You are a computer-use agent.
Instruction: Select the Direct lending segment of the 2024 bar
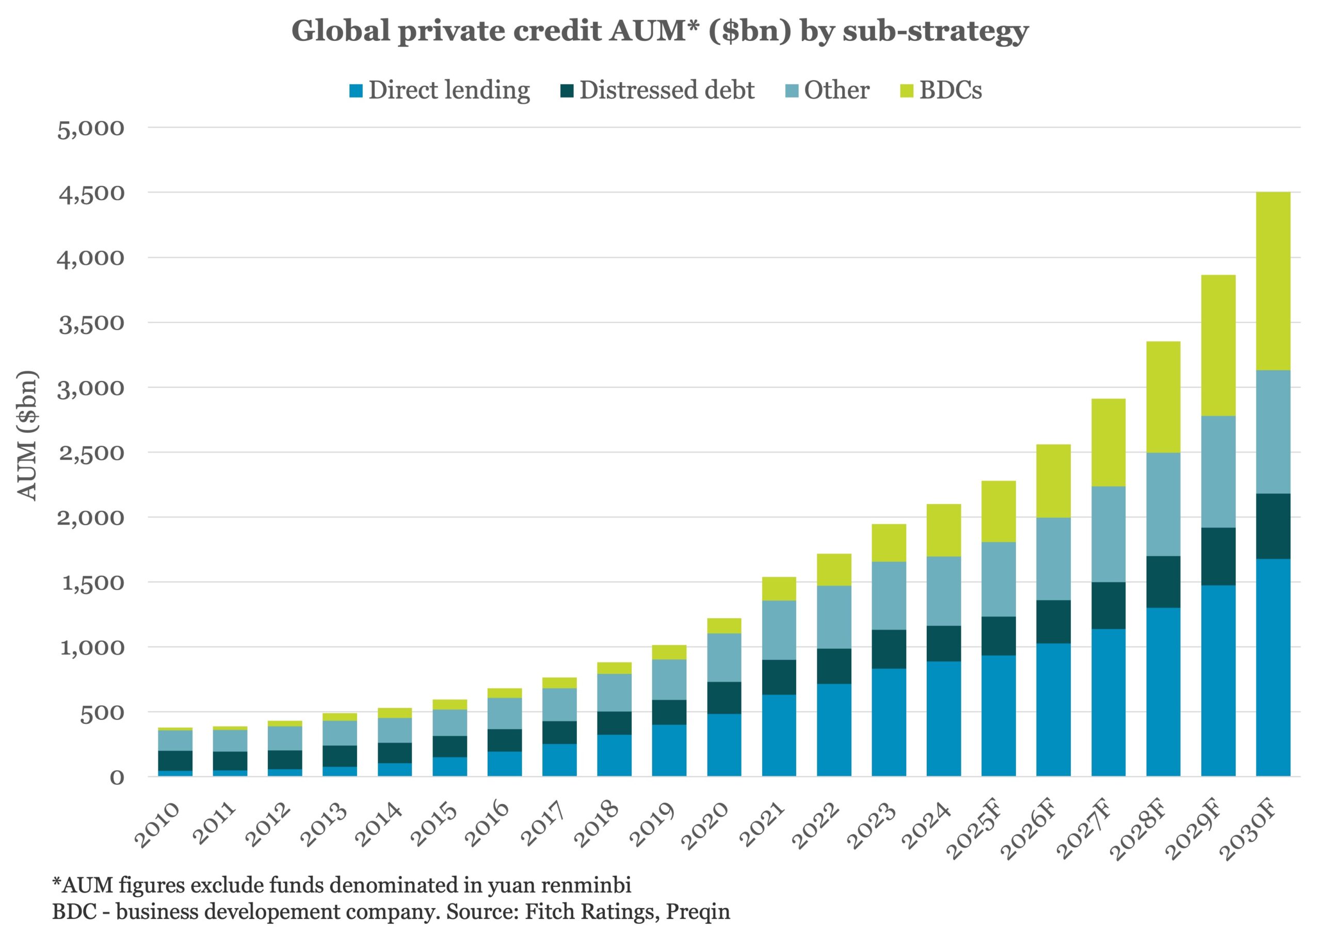[944, 718]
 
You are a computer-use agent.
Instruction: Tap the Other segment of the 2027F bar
[1108, 534]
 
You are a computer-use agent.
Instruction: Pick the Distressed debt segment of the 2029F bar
[1218, 556]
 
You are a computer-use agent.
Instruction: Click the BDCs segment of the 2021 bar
[779, 589]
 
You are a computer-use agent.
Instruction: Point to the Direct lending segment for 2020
[724, 745]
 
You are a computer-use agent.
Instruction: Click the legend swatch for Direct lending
[356, 91]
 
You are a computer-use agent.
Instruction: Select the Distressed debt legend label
[666, 90]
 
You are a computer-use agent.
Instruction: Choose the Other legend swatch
[792, 91]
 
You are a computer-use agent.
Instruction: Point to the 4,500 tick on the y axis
[91, 194]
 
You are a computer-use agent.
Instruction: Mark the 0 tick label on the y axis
[117, 778]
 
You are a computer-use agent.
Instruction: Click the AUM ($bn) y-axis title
[27, 435]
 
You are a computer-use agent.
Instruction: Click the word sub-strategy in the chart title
[936, 30]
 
